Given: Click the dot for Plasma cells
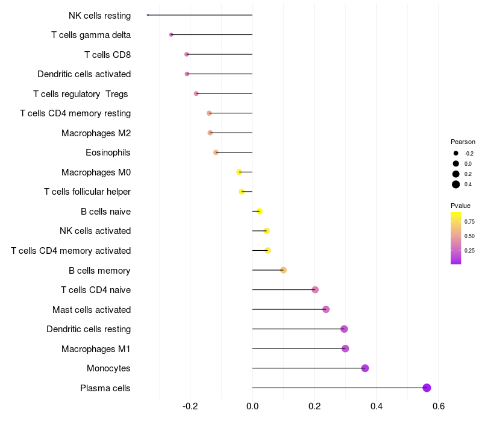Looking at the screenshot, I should [x=427, y=388].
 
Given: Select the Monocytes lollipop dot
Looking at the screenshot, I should [x=365, y=368].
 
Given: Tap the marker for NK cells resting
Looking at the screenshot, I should [x=148, y=15].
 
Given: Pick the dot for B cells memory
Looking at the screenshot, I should [x=283, y=270].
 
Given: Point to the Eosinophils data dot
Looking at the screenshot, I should [x=216, y=153].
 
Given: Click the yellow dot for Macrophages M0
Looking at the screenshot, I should [x=239, y=172].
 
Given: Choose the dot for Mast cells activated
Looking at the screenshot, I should [x=326, y=309].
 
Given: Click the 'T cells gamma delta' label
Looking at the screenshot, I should [x=91, y=35].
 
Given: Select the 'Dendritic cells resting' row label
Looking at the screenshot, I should [x=89, y=329].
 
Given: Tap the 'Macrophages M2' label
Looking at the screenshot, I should [x=96, y=133].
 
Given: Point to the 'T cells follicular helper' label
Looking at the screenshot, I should [x=87, y=192].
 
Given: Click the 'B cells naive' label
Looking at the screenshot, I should [x=105, y=212].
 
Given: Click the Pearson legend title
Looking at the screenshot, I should [x=463, y=142].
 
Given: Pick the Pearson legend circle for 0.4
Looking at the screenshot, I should [x=456, y=184].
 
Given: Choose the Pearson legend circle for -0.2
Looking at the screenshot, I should [x=456, y=154].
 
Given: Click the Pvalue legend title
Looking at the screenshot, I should [x=460, y=206].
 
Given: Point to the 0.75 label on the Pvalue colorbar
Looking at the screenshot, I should [x=469, y=221].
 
